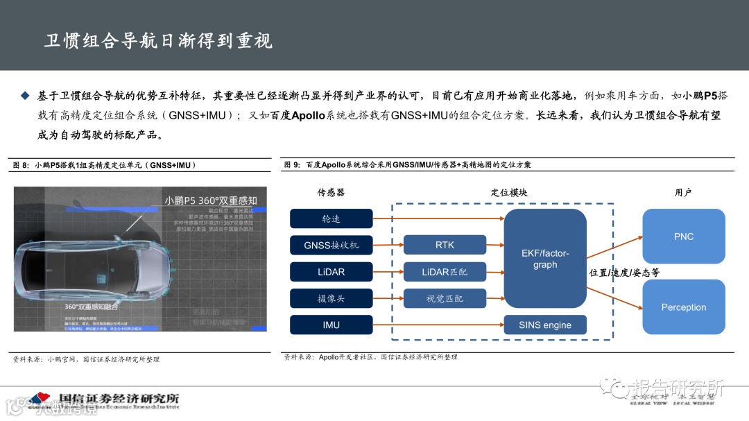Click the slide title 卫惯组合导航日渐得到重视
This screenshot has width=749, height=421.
[x=158, y=41]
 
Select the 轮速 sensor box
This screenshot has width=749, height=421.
[x=331, y=219]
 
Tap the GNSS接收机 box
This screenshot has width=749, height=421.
[x=331, y=246]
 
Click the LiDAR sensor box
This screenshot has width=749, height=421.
[x=331, y=272]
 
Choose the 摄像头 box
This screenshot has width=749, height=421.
[x=331, y=298]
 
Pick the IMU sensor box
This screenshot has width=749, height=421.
[x=331, y=325]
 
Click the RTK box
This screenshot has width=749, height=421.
[x=445, y=246]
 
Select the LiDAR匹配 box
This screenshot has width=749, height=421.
[x=445, y=272]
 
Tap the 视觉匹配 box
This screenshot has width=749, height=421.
[x=445, y=298]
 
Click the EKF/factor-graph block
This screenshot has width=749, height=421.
[x=545, y=259]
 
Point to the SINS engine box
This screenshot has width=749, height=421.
[x=545, y=325]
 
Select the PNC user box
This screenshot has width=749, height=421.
[x=683, y=237]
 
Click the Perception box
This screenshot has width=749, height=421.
[x=683, y=307]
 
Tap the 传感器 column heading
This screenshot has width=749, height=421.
[x=331, y=192]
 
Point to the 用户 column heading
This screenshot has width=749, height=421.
[x=683, y=192]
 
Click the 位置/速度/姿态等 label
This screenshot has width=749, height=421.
[x=624, y=273]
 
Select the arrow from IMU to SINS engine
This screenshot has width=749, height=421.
[x=438, y=325]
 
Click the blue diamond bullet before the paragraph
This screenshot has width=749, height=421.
[x=26, y=95]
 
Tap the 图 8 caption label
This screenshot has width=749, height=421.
[x=21, y=165]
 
